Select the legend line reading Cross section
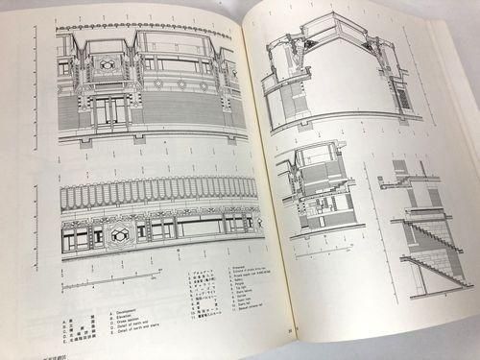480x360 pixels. tap(127, 298)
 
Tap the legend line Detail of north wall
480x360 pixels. tap(133, 303)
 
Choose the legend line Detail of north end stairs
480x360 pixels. tap(140, 310)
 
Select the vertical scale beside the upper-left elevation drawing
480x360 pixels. tap(39, 77)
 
